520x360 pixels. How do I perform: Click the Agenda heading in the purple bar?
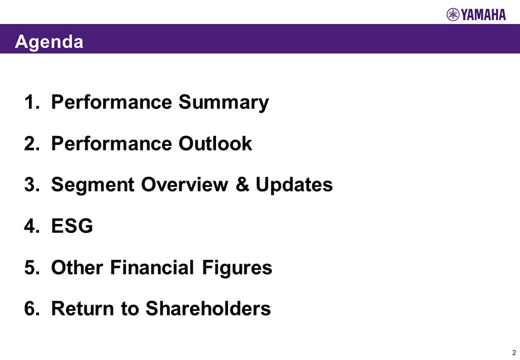[49, 42]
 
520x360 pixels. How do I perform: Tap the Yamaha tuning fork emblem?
[453, 14]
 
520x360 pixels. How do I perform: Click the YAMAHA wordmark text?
[483, 15]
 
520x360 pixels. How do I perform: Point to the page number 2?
[514, 352]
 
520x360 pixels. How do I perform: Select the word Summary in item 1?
[224, 103]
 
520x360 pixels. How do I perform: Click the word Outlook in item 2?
[215, 143]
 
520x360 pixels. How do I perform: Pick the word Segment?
[93, 185]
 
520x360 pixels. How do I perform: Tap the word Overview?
[184, 184]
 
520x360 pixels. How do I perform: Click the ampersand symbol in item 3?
[242, 184]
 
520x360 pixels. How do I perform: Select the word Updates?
[294, 185]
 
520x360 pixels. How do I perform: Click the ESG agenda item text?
[72, 226]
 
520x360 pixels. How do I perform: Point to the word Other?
[77, 267]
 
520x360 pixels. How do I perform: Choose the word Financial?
[152, 267]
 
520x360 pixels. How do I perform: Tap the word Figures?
[237, 268]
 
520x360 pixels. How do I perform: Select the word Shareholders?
[208, 308]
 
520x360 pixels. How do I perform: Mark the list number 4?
[32, 226]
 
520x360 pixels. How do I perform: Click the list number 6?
[32, 308]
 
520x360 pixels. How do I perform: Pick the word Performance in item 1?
[111, 102]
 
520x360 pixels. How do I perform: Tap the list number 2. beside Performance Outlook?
[32, 143]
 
